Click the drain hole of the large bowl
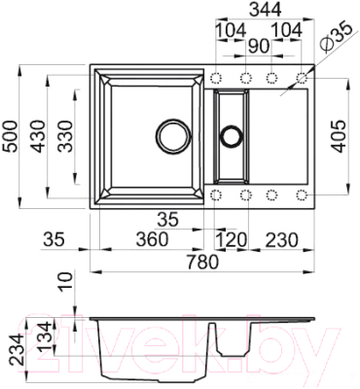point(173,132)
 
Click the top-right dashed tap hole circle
point(303,77)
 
